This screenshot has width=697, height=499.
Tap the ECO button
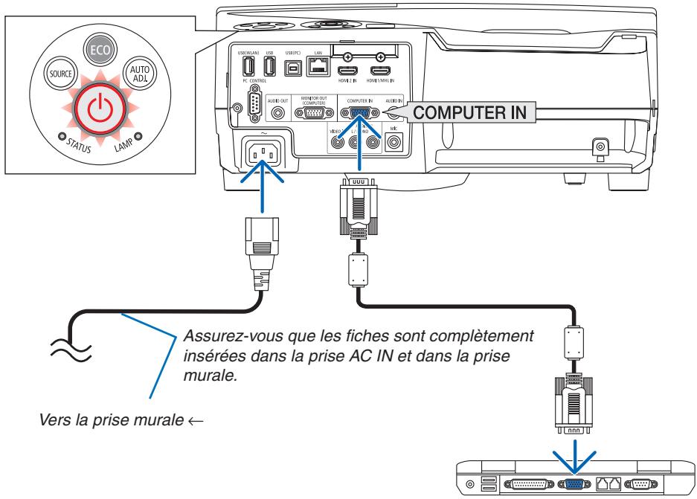99,48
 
